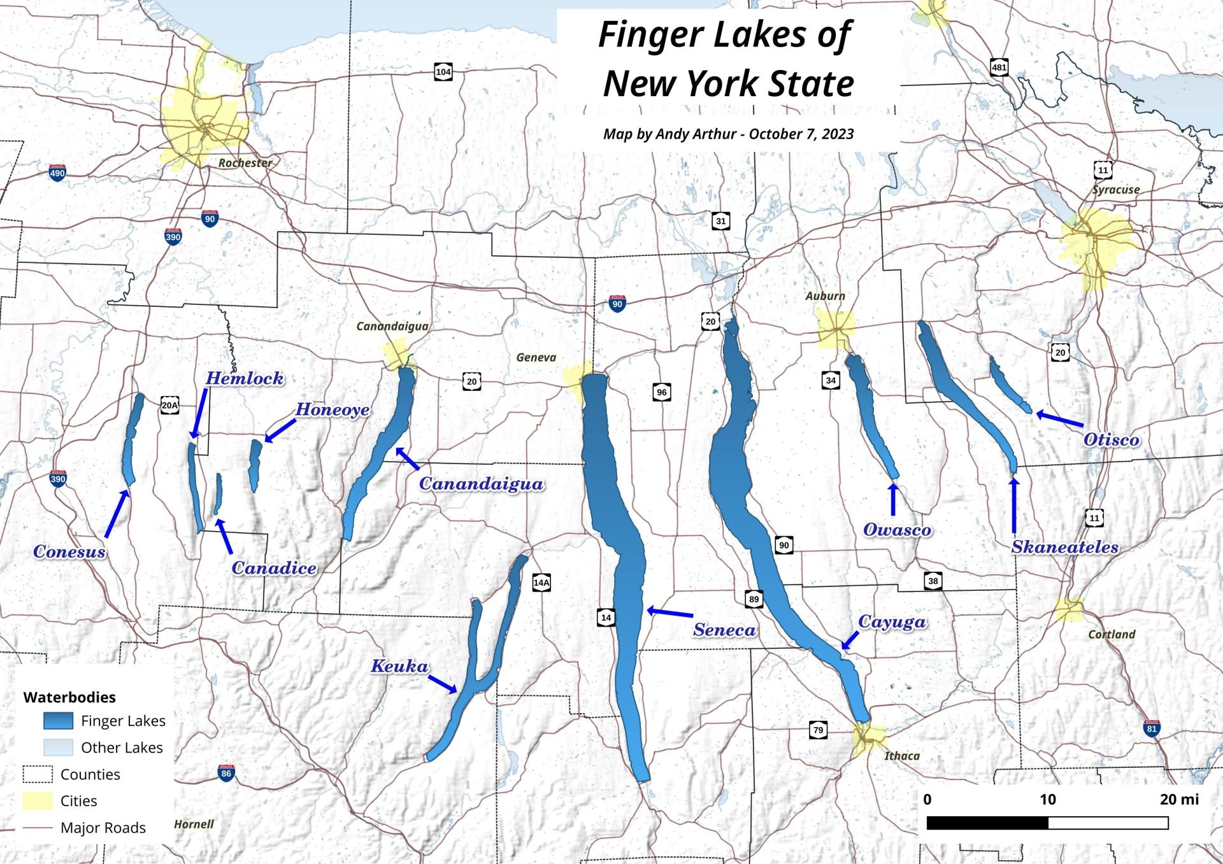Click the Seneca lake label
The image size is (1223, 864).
coord(724,630)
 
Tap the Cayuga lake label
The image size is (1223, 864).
coord(892,622)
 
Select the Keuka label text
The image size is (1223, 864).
coord(399,667)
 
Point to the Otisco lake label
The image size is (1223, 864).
coord(1112,439)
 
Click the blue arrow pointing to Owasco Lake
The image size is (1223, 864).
coord(892,499)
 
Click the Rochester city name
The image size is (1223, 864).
coord(245,163)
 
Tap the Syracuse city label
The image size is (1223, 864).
coord(1116,190)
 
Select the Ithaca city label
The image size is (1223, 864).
coord(902,756)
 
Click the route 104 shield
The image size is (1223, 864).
coord(443,72)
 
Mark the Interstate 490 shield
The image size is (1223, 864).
coord(57,173)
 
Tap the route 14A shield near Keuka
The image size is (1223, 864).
coord(541,582)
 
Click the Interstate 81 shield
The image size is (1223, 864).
coord(1151,729)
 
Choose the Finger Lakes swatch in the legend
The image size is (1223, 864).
coord(58,721)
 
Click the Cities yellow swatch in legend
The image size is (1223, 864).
coord(38,801)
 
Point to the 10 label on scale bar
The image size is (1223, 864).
coord(1048,799)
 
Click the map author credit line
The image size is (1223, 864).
coord(728,134)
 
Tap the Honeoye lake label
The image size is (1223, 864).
coord(333,409)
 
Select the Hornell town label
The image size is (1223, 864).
coord(194,824)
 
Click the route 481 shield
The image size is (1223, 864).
coord(999,67)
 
